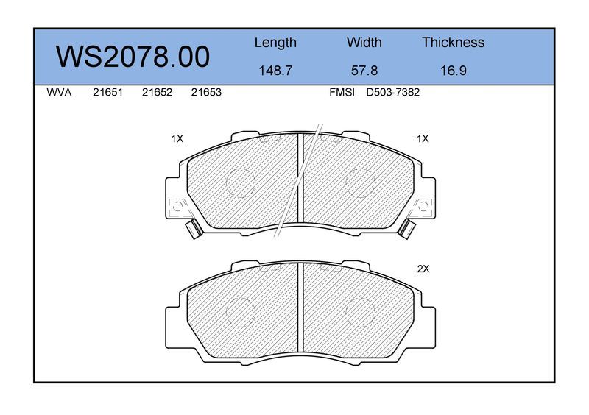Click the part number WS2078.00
pos(133,57)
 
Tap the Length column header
pos(275,43)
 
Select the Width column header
pos(364,42)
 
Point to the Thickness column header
pos(453,42)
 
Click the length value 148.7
pos(275,71)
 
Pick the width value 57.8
pos(364,71)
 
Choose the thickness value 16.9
pos(453,71)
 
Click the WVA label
pos(59,93)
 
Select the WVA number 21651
pos(107,93)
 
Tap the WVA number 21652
pos(157,93)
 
